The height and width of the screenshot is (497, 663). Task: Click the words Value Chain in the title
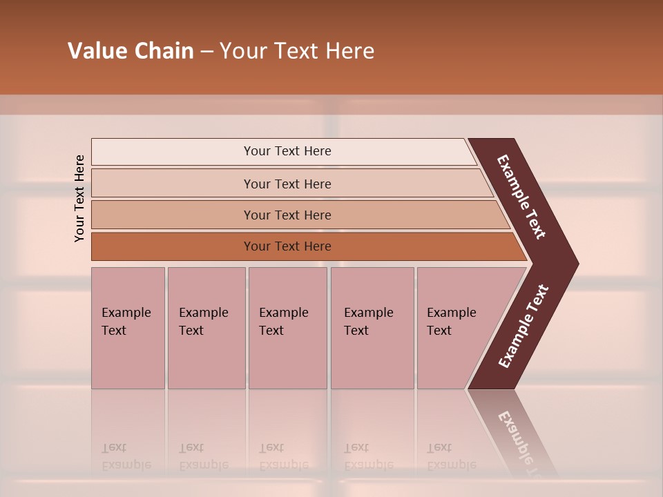(x=131, y=51)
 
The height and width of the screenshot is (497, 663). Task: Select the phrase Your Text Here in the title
(x=297, y=51)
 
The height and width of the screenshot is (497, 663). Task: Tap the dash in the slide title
(x=206, y=52)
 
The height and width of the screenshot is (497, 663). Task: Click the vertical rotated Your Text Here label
(x=79, y=198)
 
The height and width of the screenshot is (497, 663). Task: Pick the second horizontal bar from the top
(x=287, y=184)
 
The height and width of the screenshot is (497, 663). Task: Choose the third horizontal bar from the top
(x=287, y=215)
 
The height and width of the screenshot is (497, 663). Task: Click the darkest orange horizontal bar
(x=287, y=246)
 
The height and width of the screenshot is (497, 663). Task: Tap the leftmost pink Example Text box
(x=128, y=328)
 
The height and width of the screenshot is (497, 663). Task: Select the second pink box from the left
(x=206, y=328)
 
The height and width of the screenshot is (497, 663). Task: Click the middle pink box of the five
(x=287, y=328)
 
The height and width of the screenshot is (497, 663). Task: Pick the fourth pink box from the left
(x=372, y=328)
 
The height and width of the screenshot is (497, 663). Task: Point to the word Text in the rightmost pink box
(x=439, y=331)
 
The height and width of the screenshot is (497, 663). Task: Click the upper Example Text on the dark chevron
(x=521, y=197)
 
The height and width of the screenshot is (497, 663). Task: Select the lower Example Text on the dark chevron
(x=523, y=327)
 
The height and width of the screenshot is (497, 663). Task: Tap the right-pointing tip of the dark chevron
(x=573, y=264)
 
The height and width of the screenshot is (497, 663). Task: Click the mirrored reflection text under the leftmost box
(x=126, y=457)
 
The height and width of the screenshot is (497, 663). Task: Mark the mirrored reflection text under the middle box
(x=283, y=457)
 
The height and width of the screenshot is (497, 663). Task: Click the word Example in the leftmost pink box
(x=126, y=313)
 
